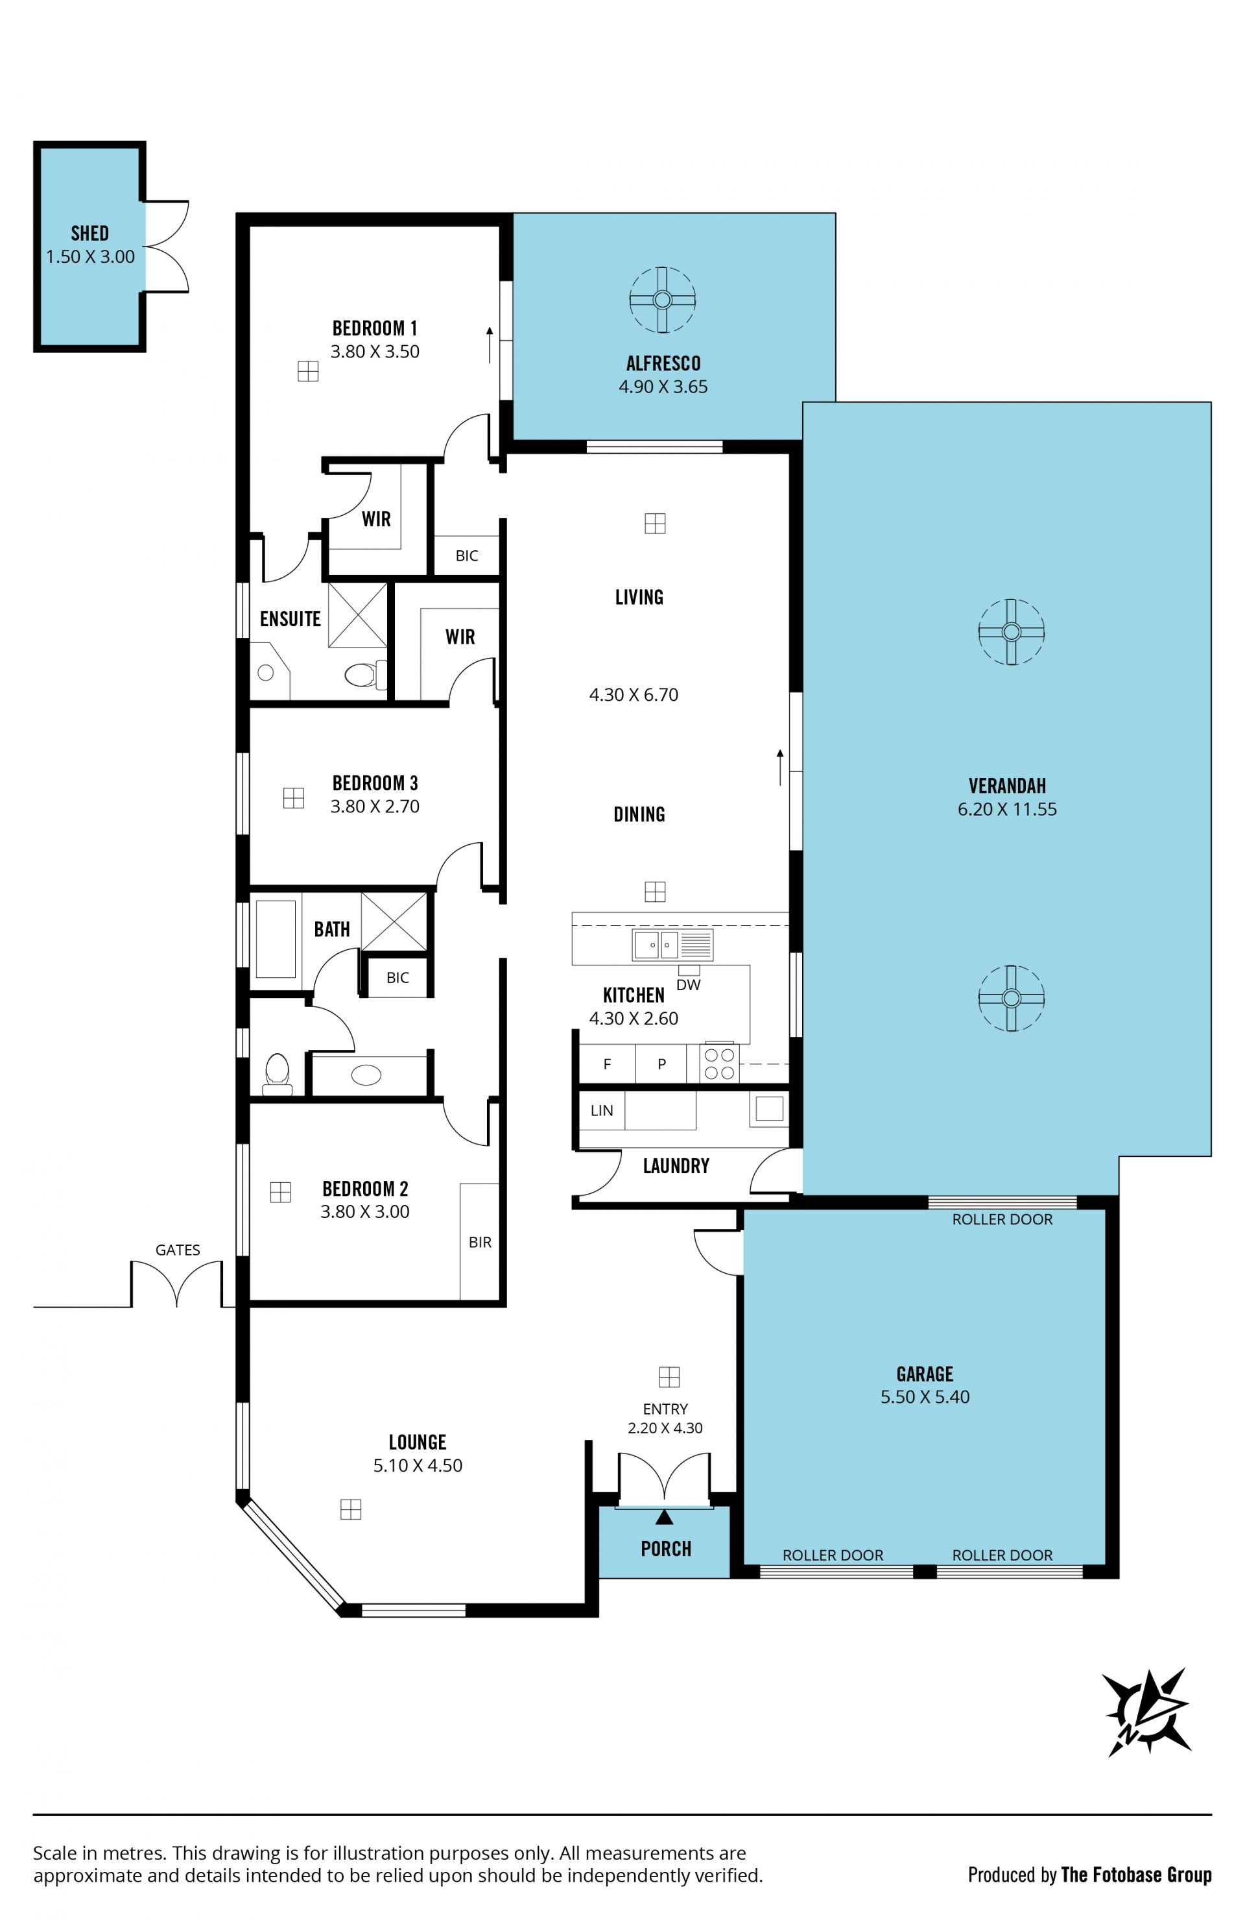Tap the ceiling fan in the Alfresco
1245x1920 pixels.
pyautogui.click(x=662, y=300)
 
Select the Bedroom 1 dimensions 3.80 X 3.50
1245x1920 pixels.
pyautogui.click(x=375, y=352)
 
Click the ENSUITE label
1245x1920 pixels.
pyautogui.click(x=290, y=619)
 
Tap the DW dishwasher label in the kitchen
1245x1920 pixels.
pyautogui.click(x=688, y=985)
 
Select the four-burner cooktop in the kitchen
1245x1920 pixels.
pyautogui.click(x=719, y=1063)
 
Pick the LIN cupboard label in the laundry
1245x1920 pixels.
pyautogui.click(x=602, y=1110)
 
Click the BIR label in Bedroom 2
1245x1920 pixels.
pyautogui.click(x=480, y=1243)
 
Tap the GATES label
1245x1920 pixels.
pyautogui.click(x=178, y=1250)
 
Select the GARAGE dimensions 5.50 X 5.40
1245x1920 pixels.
pyautogui.click(x=925, y=1396)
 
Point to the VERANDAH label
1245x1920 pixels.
pyautogui.click(x=1007, y=785)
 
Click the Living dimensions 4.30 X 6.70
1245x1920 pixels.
pyautogui.click(x=634, y=694)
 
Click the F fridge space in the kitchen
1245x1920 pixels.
pyautogui.click(x=607, y=1064)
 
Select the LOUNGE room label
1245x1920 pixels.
pyautogui.click(x=417, y=1442)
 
